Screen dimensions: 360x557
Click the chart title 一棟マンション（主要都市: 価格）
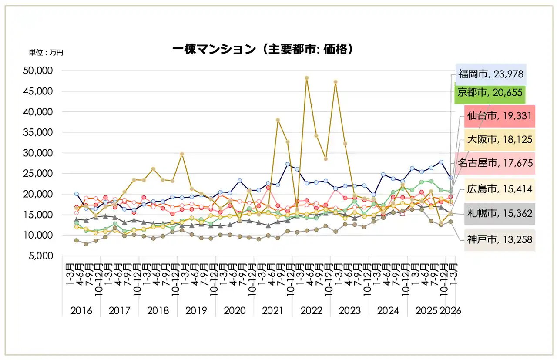pos(262,50)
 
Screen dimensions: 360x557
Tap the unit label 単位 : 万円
pos(46,52)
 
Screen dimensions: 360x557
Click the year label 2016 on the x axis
pos(81,311)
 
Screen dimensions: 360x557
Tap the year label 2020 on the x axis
pos(235,311)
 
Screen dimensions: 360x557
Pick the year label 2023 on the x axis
pos(349,311)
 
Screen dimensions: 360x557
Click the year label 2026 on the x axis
pos(450,311)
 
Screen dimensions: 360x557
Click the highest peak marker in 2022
pos(306,78)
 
